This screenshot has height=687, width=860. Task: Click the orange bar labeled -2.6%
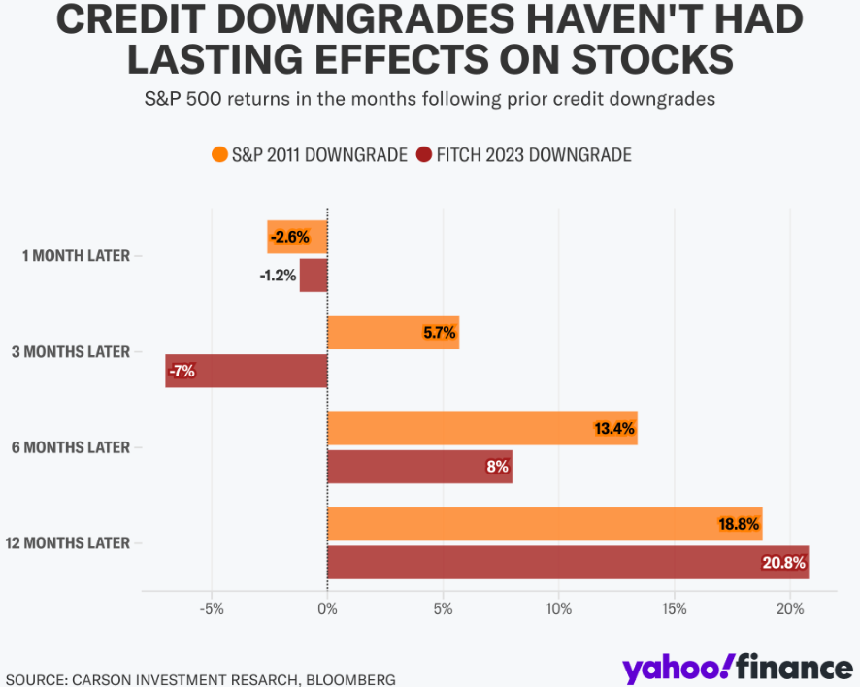(x=297, y=237)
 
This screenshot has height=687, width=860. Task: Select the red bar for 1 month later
(x=314, y=276)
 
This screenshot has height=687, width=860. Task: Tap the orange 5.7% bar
(x=392, y=333)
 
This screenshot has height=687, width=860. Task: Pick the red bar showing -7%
(x=247, y=371)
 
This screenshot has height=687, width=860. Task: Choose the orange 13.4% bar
(x=481, y=428)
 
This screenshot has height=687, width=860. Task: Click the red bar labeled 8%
(x=419, y=467)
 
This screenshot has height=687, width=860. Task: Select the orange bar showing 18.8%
(x=545, y=524)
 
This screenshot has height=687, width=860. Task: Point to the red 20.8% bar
(x=568, y=562)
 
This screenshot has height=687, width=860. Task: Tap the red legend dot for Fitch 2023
(x=423, y=154)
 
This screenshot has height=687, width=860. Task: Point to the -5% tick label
(x=212, y=609)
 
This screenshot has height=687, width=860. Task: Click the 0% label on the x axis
(x=327, y=609)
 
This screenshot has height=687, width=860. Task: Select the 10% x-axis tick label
(x=558, y=609)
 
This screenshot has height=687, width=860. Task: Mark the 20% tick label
(x=790, y=609)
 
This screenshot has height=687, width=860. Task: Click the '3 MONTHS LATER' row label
(x=70, y=351)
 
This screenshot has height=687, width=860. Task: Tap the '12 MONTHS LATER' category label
(x=67, y=543)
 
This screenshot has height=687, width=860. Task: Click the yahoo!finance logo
(x=737, y=668)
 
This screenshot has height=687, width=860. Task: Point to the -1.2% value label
(x=278, y=276)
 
